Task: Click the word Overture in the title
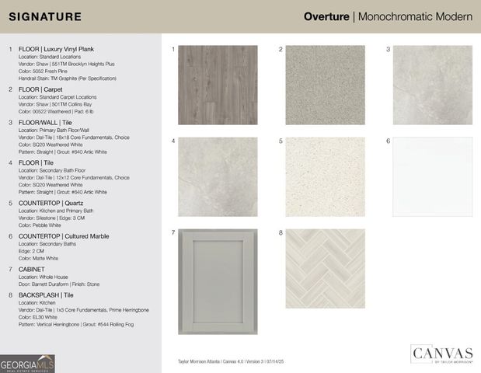coord(326,16)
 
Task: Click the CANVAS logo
coord(442,355)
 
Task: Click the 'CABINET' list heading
coord(32,269)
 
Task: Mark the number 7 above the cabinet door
coord(173,232)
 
